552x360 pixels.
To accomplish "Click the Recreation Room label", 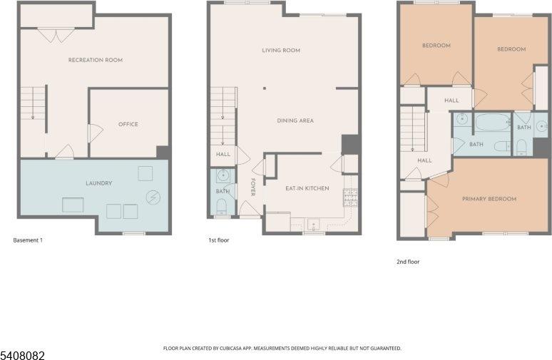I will click(95, 60).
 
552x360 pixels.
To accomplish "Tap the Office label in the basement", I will click(128, 125).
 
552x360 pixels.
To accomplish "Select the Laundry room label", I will click(98, 183).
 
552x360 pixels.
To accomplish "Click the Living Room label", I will click(280, 51).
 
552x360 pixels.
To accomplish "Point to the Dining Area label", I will click(295, 120).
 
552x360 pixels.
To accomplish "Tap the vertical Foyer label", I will click(252, 187).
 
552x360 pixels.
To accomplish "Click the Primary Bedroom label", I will click(489, 199).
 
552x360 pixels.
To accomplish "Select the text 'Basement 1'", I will click(28, 240).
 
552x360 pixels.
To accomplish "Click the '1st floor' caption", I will click(218, 240).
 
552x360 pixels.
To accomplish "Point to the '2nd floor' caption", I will click(408, 262).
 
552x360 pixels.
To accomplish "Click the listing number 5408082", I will click(22, 354).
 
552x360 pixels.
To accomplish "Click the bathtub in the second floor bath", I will click(491, 123).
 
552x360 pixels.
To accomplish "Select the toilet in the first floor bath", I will click(221, 207).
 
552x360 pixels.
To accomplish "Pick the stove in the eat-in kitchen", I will click(350, 197).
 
